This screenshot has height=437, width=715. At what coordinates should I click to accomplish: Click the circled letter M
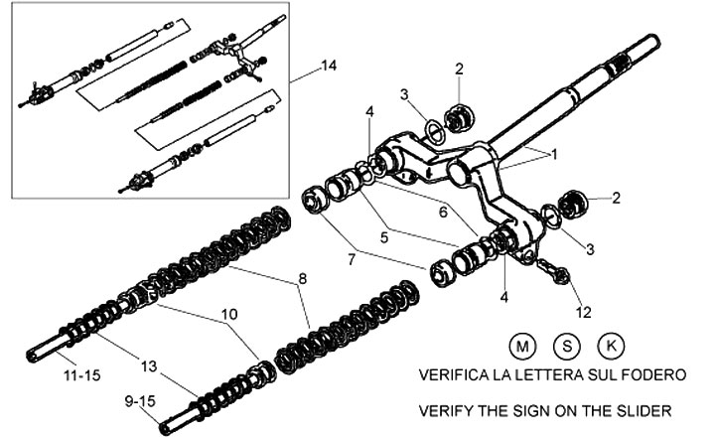[522, 347]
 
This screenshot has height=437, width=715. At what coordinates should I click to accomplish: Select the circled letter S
[567, 346]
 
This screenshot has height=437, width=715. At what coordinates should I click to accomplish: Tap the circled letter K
[611, 346]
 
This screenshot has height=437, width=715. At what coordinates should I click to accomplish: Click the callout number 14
[329, 66]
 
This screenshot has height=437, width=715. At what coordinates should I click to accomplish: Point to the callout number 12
[583, 312]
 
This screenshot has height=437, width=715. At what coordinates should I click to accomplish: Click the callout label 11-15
[82, 375]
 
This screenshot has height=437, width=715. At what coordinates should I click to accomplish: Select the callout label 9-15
[140, 401]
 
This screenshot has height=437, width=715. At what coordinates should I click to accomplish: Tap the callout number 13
[149, 365]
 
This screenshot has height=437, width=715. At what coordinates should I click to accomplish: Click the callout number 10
[229, 314]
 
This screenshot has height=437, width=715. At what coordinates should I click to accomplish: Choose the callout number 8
[303, 278]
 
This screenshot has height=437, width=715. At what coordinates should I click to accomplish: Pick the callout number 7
[351, 260]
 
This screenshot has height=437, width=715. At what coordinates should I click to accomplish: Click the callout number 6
[443, 213]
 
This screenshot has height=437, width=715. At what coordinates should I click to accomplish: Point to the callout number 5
[384, 237]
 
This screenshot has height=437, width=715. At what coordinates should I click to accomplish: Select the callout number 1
[554, 155]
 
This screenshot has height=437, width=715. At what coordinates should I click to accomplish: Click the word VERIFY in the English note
[446, 410]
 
